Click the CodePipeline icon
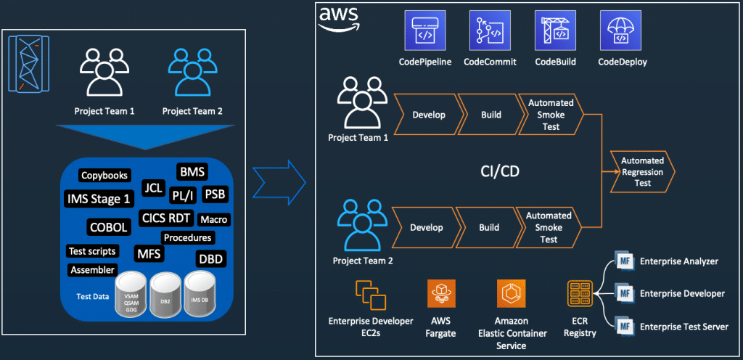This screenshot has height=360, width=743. (424, 30)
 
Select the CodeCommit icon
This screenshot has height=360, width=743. (490, 30)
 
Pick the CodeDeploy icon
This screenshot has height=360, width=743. (621, 30)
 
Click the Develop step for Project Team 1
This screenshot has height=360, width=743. (428, 115)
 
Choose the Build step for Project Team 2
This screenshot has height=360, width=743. (489, 227)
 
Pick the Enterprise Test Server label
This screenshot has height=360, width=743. (684, 327)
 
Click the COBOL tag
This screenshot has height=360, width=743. (109, 226)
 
